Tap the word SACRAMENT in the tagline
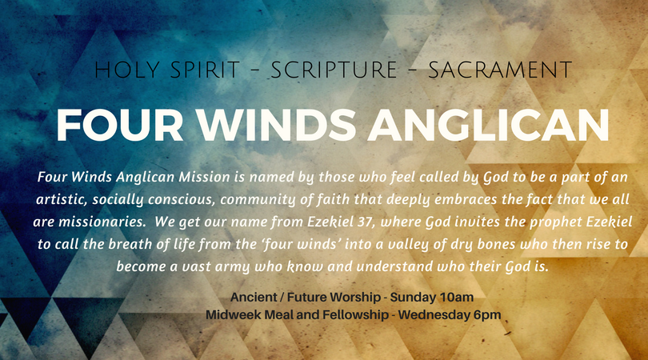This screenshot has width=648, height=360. pyautogui.click(x=500, y=70)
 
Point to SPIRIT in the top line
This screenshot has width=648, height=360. pyautogui.click(x=205, y=70)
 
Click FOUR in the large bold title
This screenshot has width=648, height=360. pyautogui.click(x=120, y=126)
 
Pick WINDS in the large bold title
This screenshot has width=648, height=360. pyautogui.click(x=276, y=126)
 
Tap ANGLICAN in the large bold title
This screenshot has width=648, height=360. pyautogui.click(x=489, y=126)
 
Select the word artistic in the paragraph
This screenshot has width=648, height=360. pyautogui.click(x=62, y=200)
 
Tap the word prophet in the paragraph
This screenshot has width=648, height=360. pyautogui.click(x=556, y=222)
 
